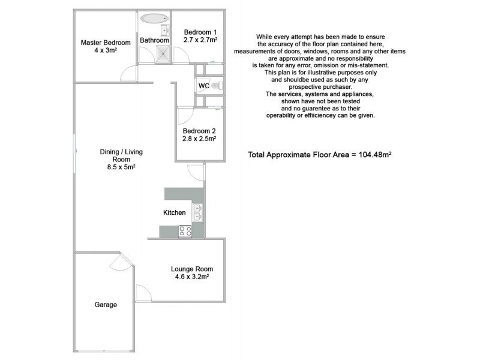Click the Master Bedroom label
106,43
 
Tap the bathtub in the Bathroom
154,18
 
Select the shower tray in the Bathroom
163,55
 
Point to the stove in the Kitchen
185,230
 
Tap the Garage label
106,305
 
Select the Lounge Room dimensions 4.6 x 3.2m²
191,277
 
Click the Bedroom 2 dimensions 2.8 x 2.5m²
199,139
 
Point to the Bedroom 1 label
200,32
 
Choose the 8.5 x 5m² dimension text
117,167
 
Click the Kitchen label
175,213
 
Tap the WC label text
203,86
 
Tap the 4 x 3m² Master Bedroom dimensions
106,51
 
